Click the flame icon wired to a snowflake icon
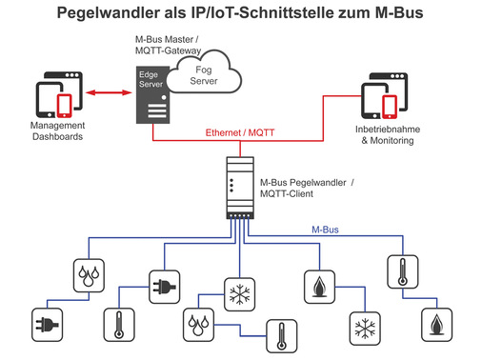coord(317,286)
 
